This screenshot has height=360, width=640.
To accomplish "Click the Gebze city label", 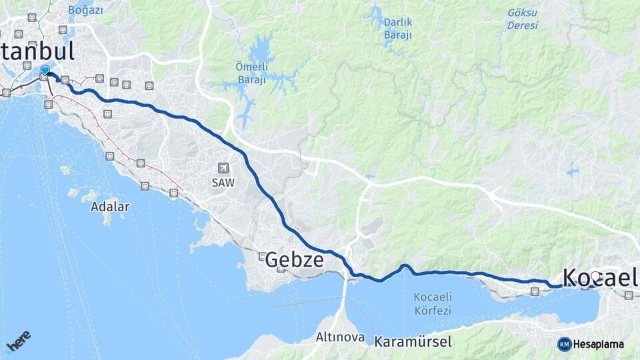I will click(x=295, y=260).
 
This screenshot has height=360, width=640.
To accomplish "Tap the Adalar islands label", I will click(x=110, y=207).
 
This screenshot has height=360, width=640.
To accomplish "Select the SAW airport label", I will click(x=223, y=181).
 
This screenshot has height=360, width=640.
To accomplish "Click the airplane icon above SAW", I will click(x=223, y=168).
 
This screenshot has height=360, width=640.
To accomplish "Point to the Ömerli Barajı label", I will click(x=251, y=74).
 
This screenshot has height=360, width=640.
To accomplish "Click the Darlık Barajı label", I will click(x=397, y=28).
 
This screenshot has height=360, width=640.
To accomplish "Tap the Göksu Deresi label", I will click(x=522, y=19).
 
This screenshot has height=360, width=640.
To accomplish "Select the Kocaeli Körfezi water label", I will click(x=433, y=303).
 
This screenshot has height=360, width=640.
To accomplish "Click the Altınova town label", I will click(x=340, y=337).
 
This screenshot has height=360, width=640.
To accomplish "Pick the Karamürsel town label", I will click(x=413, y=342).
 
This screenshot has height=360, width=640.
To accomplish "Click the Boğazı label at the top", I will click(x=86, y=10).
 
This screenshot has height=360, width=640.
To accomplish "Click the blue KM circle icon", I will click(x=564, y=344).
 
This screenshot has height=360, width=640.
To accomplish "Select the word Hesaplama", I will click(x=598, y=344).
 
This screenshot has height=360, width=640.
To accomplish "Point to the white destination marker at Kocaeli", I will click(x=595, y=276).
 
